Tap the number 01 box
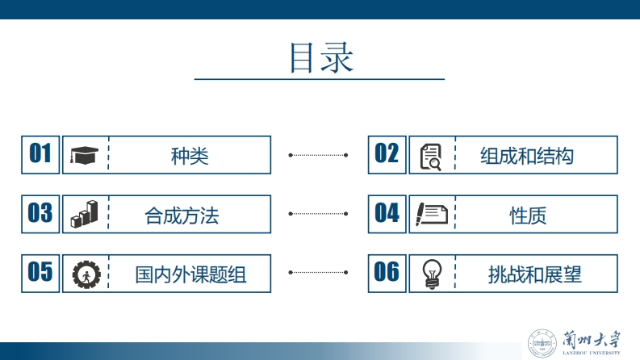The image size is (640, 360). coord(40,154)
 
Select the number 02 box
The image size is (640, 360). coord(387,154)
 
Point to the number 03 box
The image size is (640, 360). coord(40,213)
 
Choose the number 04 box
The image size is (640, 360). coord(387,213)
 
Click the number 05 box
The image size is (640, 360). coord(40,273)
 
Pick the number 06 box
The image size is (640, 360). coord(387,273)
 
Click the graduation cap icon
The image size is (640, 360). coord(83,155)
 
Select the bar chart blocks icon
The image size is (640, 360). coord(83,214)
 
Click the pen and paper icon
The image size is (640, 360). coord(431,214)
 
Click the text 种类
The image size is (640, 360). coord(190,156)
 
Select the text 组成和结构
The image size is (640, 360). coord(526,156)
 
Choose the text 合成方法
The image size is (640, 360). coord(182,216)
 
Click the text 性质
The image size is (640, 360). coord(528,216)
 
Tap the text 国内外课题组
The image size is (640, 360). coord(190,274)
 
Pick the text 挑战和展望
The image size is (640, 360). coord(534,274)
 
